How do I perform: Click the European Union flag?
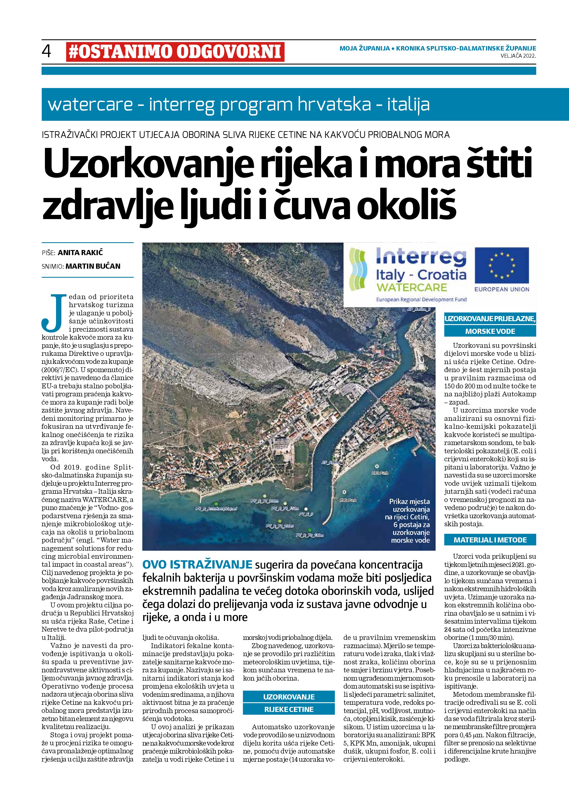click(x=502, y=265)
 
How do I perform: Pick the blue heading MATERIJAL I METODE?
click(x=490, y=540)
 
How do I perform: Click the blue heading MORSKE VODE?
click(x=490, y=331)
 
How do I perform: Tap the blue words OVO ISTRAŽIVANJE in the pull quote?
click(x=197, y=565)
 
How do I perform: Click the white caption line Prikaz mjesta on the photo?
click(x=409, y=502)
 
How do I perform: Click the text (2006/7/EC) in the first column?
click(x=58, y=370)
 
